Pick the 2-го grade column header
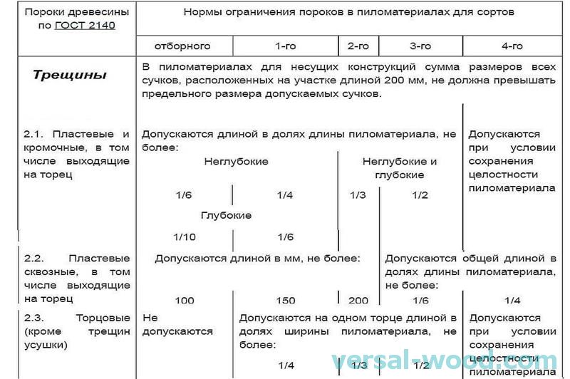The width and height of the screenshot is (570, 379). click(x=358, y=46)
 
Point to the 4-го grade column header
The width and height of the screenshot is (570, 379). click(x=512, y=46)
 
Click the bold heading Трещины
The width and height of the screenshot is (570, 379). click(x=69, y=75)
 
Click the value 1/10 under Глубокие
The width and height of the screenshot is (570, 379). click(x=184, y=237)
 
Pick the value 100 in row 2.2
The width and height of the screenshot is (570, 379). click(x=184, y=301)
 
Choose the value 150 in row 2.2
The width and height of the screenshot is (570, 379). click(x=285, y=301)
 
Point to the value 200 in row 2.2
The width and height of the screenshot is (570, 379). click(x=358, y=301)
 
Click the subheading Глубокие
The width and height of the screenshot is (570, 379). click(x=226, y=215)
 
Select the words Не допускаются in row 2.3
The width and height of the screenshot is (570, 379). click(x=177, y=324)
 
